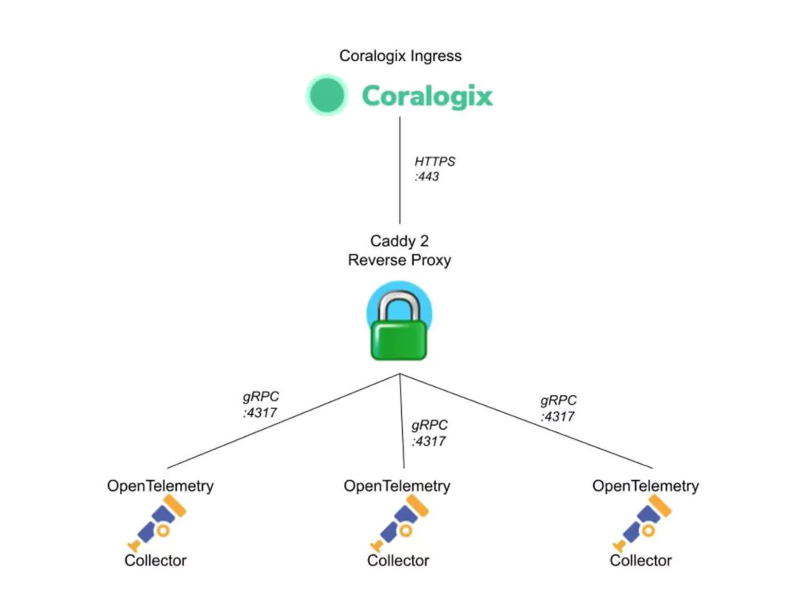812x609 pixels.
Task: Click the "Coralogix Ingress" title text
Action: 400,56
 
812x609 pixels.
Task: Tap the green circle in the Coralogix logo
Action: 327,95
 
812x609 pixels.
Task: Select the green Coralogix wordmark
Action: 427,96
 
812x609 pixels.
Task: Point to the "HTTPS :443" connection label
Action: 435,169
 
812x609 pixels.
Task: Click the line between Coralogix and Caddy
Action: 400,170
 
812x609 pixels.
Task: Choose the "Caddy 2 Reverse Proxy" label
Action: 400,251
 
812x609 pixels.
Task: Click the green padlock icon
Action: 400,321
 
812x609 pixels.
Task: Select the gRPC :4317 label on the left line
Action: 260,404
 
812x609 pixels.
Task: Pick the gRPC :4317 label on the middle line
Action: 429,433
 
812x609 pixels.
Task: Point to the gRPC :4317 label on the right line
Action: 558,408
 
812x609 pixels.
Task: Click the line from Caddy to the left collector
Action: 284,421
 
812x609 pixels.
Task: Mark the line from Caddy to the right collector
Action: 527,421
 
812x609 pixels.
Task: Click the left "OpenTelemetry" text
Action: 160,486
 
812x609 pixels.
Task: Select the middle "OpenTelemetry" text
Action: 396,486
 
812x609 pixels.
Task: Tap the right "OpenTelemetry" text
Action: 645,486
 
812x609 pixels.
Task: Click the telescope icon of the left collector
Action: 157,523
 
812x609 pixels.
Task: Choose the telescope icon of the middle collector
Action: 400,523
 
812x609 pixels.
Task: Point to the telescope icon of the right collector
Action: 642,523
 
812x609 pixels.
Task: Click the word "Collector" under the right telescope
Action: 641,561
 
